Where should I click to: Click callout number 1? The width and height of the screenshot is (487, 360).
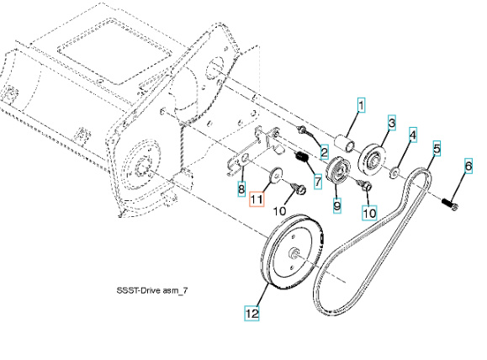pos(363,106)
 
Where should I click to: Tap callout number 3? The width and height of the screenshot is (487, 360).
pos(391,123)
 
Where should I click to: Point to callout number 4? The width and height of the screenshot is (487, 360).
pos(413,135)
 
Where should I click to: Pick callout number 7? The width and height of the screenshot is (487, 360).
pos(317,181)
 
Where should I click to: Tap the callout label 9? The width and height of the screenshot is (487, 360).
pos(336,204)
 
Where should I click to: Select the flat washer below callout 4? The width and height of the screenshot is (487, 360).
pos(394,172)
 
